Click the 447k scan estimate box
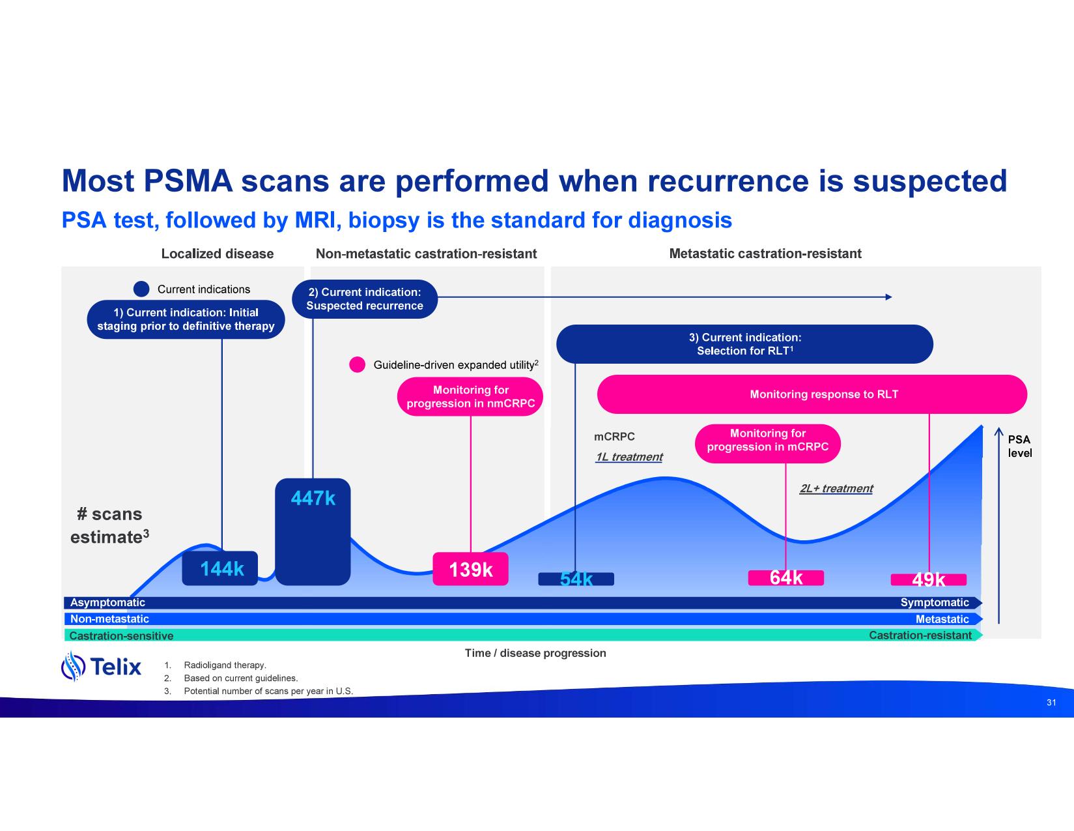pyautogui.click(x=313, y=531)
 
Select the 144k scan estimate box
pyautogui.click(x=220, y=568)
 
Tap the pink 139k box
pyautogui.click(x=470, y=569)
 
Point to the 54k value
pyautogui.click(x=576, y=579)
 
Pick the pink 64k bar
pyautogui.click(x=785, y=578)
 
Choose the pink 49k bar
pyautogui.click(x=928, y=579)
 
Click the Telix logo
pyautogui.click(x=102, y=666)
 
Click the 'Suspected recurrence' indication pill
pyautogui.click(x=365, y=299)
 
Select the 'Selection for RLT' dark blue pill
pyautogui.click(x=744, y=344)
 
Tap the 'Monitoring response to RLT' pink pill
pyautogui.click(x=812, y=394)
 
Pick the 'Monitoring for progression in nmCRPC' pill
pyautogui.click(x=470, y=396)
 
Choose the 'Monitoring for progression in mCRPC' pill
pyautogui.click(x=768, y=443)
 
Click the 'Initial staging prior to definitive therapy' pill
pyautogui.click(x=186, y=319)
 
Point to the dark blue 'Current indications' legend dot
pyautogui.click(x=141, y=289)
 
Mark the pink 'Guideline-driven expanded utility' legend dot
pyautogui.click(x=357, y=365)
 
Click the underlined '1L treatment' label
pyautogui.click(x=629, y=457)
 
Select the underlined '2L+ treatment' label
pyautogui.click(x=836, y=489)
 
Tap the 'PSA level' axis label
pyautogui.click(x=1019, y=446)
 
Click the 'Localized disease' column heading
pyautogui.click(x=218, y=254)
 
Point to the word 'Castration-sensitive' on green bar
pyautogui.click(x=122, y=635)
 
